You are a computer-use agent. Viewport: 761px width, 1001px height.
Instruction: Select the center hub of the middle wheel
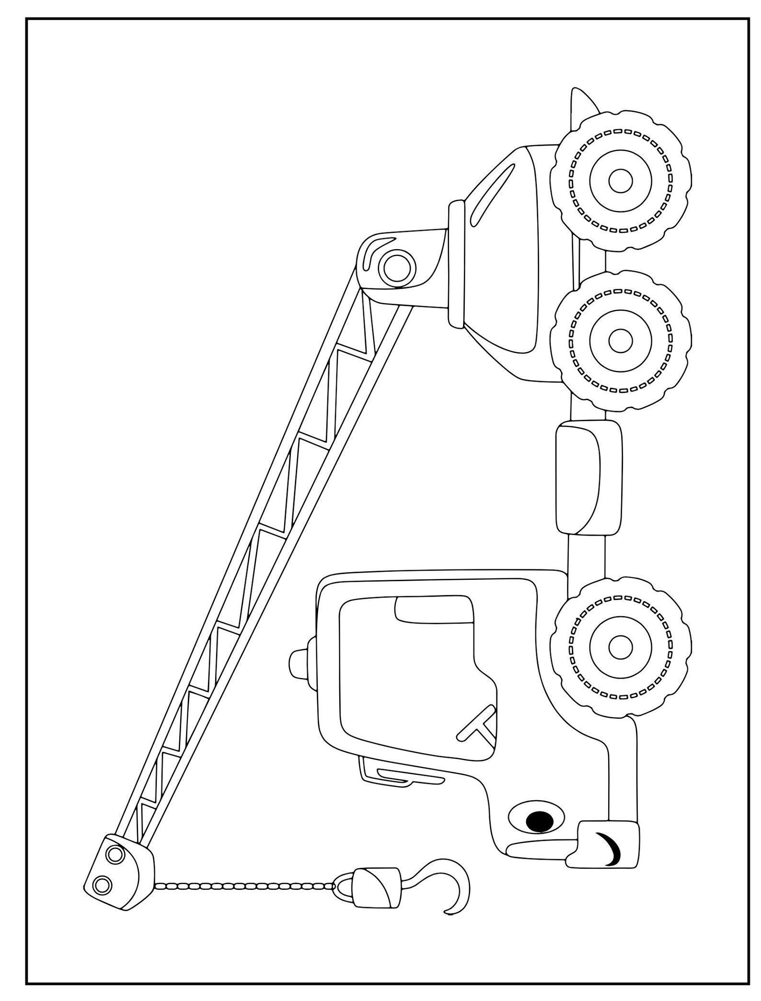pos(621,341)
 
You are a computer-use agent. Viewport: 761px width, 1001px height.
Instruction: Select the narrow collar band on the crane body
pos(457,264)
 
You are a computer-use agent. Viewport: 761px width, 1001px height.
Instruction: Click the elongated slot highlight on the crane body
pos(494,194)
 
